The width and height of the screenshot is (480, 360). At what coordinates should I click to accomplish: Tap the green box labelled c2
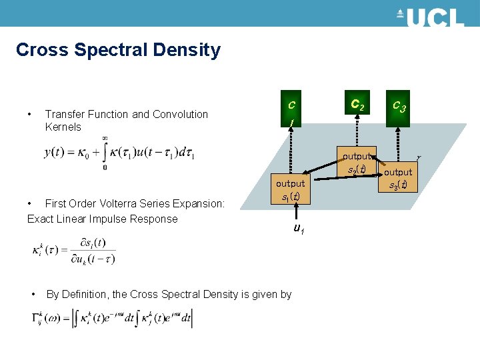(x=357, y=105)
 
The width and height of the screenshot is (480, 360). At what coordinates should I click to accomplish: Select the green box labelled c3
(x=399, y=105)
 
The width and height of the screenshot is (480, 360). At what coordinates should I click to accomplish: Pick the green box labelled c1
(x=291, y=113)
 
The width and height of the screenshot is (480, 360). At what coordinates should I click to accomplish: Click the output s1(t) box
(x=290, y=190)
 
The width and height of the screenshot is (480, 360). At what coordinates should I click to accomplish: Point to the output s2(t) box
(x=357, y=162)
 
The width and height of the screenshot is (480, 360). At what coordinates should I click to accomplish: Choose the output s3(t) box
(x=399, y=178)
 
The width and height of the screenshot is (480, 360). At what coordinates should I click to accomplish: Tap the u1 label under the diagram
(x=299, y=229)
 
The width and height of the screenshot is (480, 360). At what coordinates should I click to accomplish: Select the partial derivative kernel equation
(x=74, y=250)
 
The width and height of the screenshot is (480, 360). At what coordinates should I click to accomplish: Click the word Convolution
(x=180, y=114)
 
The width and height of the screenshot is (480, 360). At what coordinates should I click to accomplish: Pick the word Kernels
(x=63, y=127)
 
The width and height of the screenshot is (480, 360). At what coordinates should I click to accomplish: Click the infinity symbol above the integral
(x=105, y=138)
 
